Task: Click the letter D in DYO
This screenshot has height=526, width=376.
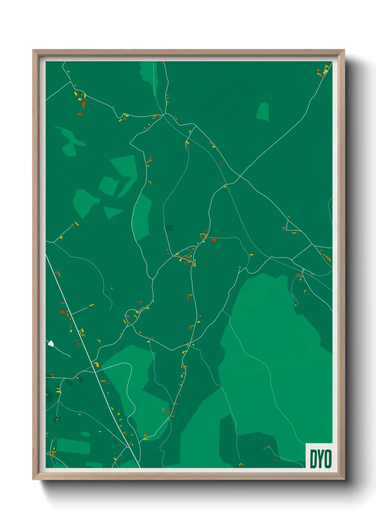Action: point(314,459)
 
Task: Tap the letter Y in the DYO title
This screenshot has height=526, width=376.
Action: point(321,459)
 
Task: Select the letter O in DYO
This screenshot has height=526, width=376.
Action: point(328,459)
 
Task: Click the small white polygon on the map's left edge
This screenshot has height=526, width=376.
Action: point(51,343)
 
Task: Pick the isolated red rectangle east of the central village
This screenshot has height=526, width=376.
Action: point(214,240)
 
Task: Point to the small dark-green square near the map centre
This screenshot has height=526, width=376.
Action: point(169,228)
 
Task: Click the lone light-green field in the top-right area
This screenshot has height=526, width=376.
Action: point(263,111)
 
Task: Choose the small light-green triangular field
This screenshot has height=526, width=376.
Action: point(112,212)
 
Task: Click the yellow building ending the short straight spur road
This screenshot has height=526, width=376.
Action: point(91,305)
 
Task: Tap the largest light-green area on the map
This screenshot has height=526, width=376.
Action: point(277,355)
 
